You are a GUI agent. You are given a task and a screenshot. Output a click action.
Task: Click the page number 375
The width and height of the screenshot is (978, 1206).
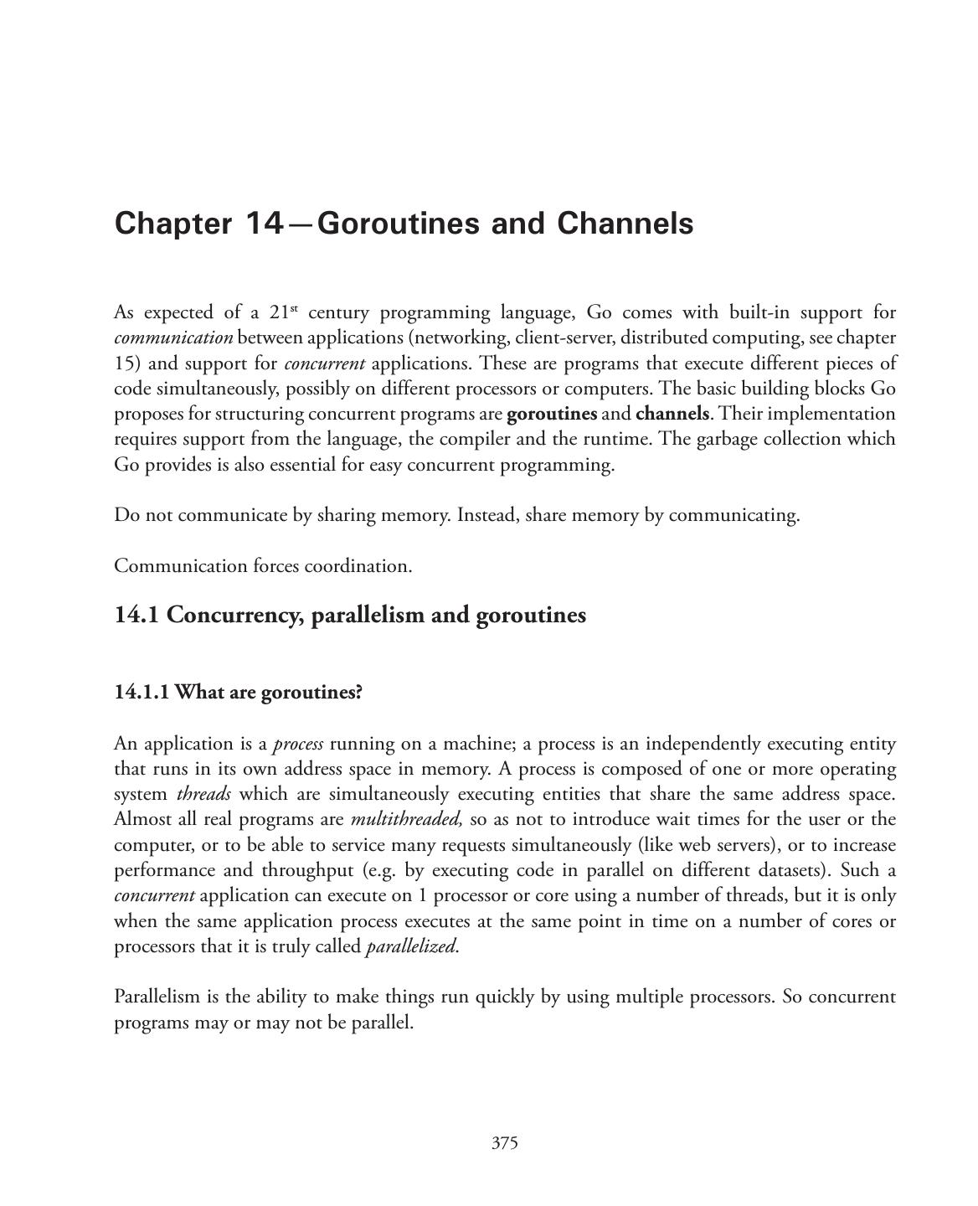pos(504,1143)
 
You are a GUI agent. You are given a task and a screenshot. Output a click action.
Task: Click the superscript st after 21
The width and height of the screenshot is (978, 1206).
pos(294,308)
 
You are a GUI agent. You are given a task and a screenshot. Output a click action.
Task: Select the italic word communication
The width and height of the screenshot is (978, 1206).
pos(173,338)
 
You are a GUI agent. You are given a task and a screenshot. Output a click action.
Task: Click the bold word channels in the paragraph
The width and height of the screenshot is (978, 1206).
pos(672,415)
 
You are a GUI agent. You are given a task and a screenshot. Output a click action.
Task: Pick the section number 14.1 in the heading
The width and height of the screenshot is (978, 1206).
pos(136,616)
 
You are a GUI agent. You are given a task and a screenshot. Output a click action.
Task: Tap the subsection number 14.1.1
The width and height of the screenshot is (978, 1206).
pos(142,693)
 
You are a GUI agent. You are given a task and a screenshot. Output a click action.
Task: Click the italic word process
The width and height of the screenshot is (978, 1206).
pos(299,744)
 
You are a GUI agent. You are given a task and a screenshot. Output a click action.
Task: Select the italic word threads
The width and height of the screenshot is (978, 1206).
pos(203,794)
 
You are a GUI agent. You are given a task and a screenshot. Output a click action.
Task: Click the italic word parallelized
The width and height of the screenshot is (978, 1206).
pos(411,946)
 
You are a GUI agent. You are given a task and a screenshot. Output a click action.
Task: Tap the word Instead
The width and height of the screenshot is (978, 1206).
pos(487,515)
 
